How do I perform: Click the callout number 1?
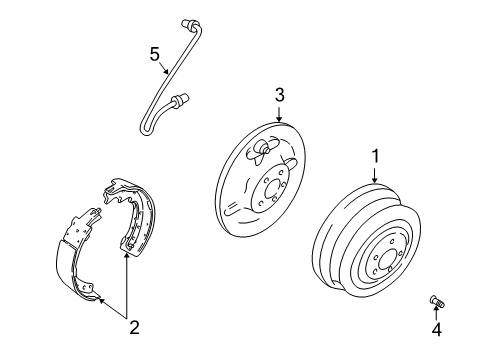[x=377, y=156]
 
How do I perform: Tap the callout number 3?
[x=281, y=95]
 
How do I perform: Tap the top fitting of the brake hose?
[x=190, y=23]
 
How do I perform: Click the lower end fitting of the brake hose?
[x=181, y=99]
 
